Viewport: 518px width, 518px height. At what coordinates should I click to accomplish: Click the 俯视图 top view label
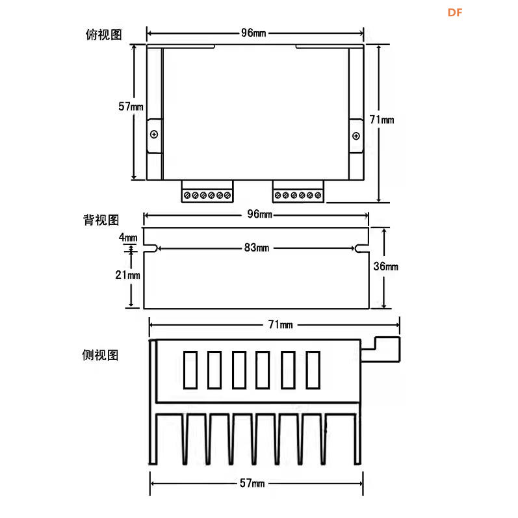tap(103, 34)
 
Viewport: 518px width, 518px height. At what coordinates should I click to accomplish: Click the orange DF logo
tap(454, 12)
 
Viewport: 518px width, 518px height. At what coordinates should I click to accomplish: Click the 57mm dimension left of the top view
tap(131, 107)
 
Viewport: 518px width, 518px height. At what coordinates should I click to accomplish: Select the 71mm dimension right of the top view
tap(382, 120)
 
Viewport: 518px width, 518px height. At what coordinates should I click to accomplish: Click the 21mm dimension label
tap(128, 275)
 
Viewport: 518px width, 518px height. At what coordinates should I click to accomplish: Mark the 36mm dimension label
tap(386, 266)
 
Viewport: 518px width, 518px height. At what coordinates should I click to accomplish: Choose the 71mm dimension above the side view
tap(277, 324)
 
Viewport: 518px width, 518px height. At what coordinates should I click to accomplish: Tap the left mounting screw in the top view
tap(154, 135)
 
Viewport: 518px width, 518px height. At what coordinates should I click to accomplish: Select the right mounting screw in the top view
tap(356, 135)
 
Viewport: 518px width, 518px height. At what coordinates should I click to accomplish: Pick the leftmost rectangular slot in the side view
tap(190, 369)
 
